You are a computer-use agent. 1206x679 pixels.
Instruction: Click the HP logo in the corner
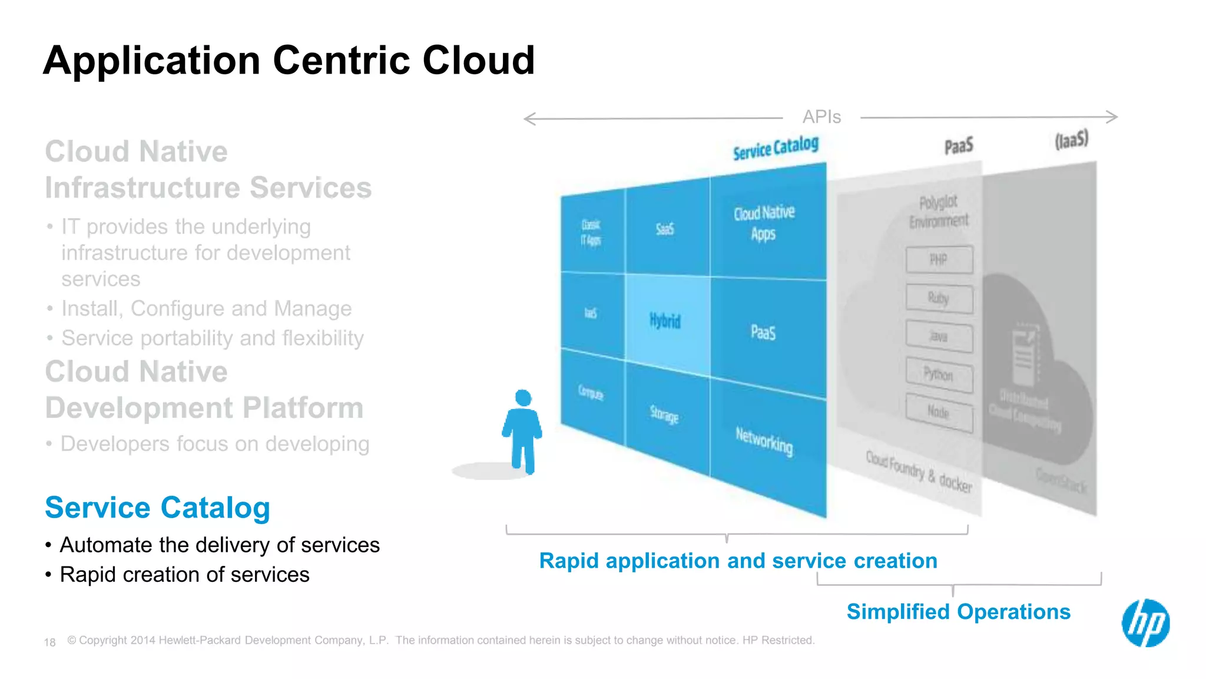pyautogui.click(x=1145, y=623)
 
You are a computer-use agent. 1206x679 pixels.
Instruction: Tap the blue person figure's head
pyautogui.click(x=523, y=398)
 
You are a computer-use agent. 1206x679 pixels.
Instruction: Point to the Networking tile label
pyautogui.click(x=764, y=441)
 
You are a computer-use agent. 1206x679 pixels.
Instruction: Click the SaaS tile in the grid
pyautogui.click(x=665, y=229)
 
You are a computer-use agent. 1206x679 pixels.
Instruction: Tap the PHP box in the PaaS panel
pyautogui.click(x=939, y=260)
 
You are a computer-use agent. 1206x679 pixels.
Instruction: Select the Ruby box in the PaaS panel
pyautogui.click(x=939, y=298)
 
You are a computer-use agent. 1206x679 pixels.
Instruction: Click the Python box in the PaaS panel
pyautogui.click(x=939, y=374)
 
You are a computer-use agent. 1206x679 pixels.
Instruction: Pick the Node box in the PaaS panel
pyautogui.click(x=939, y=412)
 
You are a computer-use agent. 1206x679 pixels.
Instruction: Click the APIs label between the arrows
pyautogui.click(x=821, y=117)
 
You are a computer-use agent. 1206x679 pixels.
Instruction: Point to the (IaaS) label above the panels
pyautogui.click(x=1071, y=140)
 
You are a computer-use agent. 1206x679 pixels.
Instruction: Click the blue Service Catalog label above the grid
pyautogui.click(x=776, y=148)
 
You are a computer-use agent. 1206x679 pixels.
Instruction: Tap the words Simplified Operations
pyautogui.click(x=958, y=612)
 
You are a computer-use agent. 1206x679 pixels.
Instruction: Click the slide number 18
pyautogui.click(x=49, y=642)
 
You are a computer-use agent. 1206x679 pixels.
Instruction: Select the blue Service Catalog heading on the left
pyautogui.click(x=157, y=507)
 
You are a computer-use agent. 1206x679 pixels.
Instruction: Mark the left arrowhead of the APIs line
pyautogui.click(x=526, y=119)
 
